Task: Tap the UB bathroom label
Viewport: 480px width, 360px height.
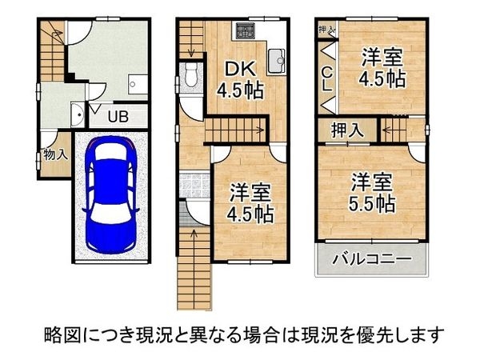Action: tap(117, 117)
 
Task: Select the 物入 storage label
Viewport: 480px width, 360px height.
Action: tap(55, 154)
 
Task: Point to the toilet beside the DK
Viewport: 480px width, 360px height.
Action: tap(190, 78)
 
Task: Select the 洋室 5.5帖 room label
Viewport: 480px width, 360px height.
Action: tap(370, 193)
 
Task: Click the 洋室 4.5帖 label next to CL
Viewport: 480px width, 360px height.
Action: tap(381, 69)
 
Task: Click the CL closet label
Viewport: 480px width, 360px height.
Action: tap(327, 78)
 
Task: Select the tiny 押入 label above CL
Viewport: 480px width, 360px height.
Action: tap(326, 31)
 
